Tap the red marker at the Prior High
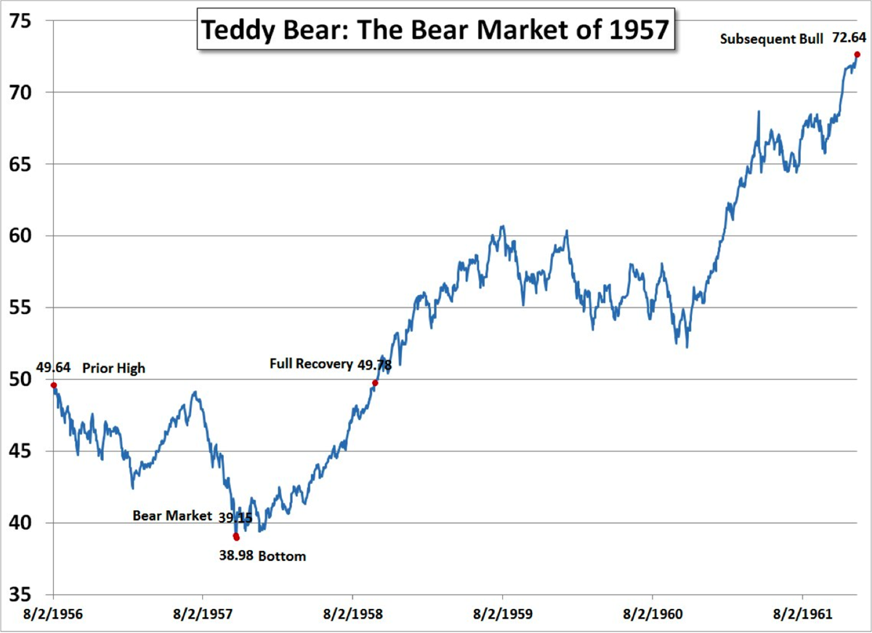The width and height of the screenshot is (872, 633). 54,385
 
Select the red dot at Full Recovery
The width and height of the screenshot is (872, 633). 375,383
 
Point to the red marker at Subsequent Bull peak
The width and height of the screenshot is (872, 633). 857,55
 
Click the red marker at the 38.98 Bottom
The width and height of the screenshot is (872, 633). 236,538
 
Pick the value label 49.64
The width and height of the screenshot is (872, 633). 52,368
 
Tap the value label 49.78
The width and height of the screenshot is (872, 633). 374,364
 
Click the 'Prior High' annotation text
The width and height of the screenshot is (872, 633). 113,368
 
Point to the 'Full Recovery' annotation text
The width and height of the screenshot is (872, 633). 311,364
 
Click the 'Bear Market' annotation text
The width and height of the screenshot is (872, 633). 172,515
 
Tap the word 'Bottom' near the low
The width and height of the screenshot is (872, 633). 282,557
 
